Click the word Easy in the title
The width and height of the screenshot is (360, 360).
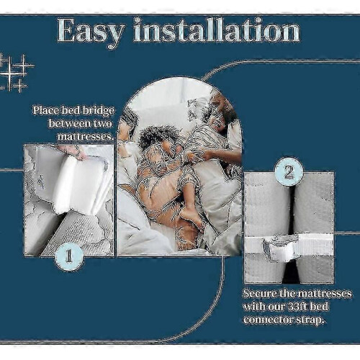tap(91, 31)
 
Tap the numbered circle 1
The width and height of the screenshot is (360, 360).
tap(69, 256)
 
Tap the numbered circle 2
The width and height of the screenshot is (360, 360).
tap(289, 172)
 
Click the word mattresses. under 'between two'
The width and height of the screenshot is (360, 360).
tap(85, 137)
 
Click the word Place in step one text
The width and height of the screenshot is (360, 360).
tap(46, 111)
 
